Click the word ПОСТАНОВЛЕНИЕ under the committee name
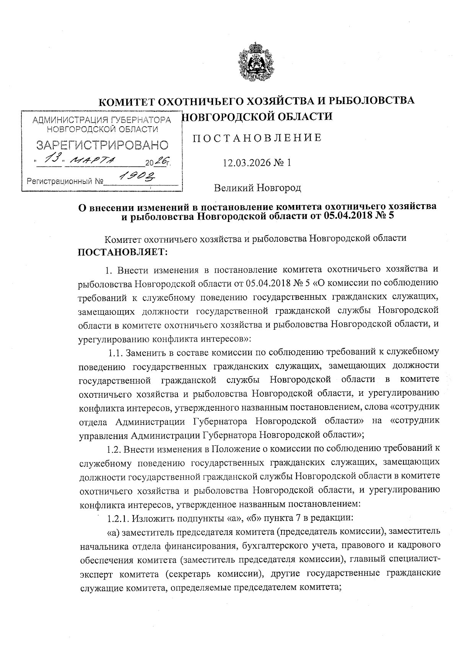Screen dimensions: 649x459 257,138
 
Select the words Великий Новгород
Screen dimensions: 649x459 257,188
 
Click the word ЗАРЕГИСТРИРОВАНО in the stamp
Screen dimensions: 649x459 102,145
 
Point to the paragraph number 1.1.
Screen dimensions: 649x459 116,353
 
